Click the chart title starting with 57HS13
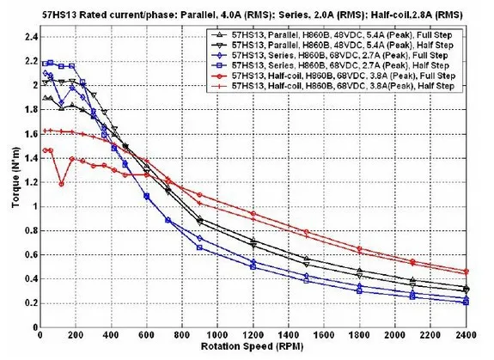coord(252,15)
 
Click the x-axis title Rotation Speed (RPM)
coord(252,346)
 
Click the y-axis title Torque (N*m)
coord(15,177)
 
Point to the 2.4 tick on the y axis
coord(32,37)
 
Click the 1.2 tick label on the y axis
coord(32,183)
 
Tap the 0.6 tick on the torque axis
coord(32,255)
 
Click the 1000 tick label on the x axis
coord(217,334)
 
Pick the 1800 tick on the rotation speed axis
coord(359,334)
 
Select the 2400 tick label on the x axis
coord(466,334)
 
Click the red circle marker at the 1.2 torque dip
coord(62,184)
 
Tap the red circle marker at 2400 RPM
coord(466,272)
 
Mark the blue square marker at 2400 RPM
coord(466,302)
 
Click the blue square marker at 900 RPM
coord(199,247)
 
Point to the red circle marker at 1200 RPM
coord(253,214)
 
